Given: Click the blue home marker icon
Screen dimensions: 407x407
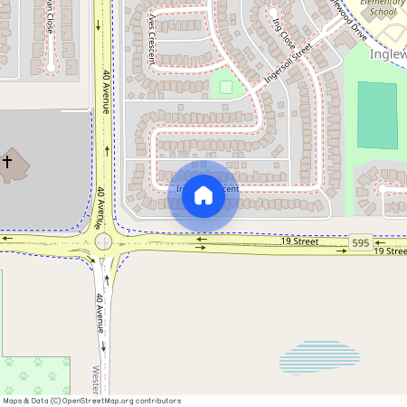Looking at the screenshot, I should click(203, 194).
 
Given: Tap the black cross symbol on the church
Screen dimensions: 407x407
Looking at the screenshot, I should click(7, 163).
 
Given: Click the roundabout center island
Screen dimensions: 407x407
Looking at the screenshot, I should click(104, 241).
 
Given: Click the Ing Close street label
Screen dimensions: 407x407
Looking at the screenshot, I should click(284, 33).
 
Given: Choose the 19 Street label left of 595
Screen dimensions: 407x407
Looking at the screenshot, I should click(299, 241).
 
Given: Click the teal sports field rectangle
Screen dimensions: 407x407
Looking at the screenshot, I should click(377, 115).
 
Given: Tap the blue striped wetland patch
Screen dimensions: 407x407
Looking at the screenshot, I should click(318, 357).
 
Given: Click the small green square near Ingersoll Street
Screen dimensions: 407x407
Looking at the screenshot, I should click(226, 87).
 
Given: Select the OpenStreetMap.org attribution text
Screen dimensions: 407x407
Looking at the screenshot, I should click(121, 401).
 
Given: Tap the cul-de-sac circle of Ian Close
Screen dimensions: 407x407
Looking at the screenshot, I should click(52, 67).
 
